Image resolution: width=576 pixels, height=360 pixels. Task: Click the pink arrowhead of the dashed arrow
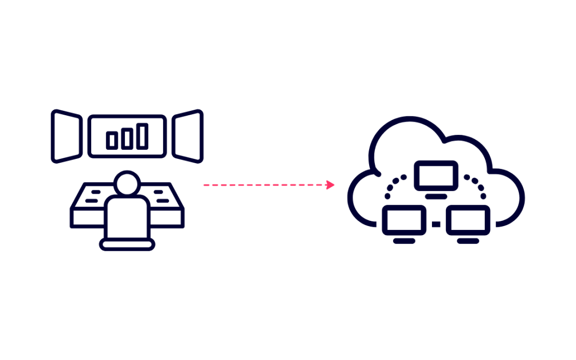point(331,185)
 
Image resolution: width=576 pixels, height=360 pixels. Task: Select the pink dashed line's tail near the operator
point(206,185)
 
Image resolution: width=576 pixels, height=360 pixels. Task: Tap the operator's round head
point(127,183)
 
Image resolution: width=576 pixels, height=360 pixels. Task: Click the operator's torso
point(127,216)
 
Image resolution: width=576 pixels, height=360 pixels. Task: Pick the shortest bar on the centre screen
point(111,140)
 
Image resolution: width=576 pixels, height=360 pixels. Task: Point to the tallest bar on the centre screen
point(142,136)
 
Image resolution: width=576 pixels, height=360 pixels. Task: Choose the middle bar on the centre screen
point(126,138)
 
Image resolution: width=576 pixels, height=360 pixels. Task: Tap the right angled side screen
point(187,136)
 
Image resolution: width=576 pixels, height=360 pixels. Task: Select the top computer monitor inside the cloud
point(436,175)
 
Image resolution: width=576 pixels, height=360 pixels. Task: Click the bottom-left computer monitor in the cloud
point(404,220)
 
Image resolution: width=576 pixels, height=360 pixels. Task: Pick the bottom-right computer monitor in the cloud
point(468,220)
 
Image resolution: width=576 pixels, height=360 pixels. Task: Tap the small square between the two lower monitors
point(436,225)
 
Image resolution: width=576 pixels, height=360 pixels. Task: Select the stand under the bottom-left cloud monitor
point(404,241)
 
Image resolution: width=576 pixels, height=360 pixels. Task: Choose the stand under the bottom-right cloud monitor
point(468,241)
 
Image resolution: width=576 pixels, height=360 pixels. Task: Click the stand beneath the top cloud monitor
point(436,196)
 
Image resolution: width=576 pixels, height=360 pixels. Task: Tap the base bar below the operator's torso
point(127,245)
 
